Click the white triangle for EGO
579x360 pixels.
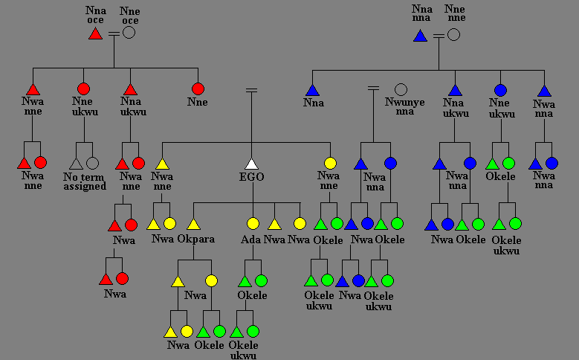tap(252, 164)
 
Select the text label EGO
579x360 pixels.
tap(253, 177)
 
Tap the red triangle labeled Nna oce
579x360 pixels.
tap(95, 33)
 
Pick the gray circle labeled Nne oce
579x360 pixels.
tap(129, 33)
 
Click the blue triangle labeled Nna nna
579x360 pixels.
tap(420, 35)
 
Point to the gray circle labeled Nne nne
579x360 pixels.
tap(453, 34)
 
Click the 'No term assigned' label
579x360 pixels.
tap(85, 181)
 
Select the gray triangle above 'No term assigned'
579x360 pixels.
tap(76, 163)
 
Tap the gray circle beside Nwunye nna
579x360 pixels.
tap(401, 89)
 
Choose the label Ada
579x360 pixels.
tap(250, 240)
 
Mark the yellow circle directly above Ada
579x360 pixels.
tap(253, 223)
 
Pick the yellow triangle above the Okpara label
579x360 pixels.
tap(194, 223)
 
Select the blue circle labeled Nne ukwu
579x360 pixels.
tap(501, 90)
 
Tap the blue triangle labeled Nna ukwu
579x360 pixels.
tap(455, 90)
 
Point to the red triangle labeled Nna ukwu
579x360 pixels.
tap(131, 89)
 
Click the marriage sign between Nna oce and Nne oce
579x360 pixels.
tap(112, 33)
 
